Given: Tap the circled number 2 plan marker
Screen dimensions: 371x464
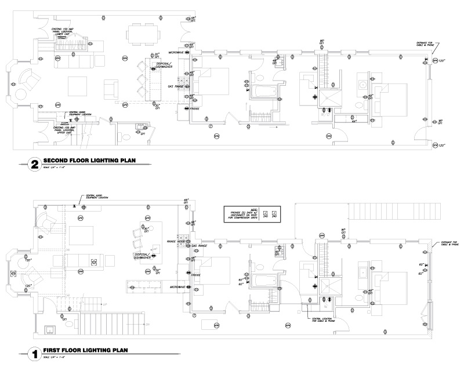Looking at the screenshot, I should tap(34, 165).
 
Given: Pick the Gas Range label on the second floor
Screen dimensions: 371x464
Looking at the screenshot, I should tap(176, 86).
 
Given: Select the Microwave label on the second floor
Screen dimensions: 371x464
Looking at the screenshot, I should tap(177, 52).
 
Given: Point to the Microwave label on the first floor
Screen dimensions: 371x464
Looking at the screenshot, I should tap(178, 287).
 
